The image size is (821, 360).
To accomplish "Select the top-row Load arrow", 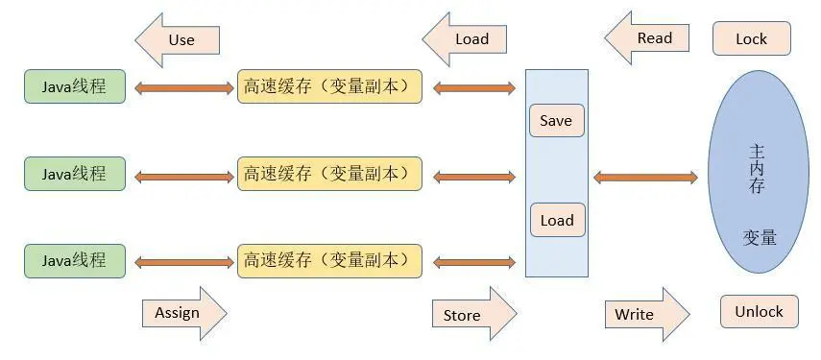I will [x=469, y=39].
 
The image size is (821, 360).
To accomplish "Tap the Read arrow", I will [x=651, y=38].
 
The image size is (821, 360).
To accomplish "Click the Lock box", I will [x=752, y=39].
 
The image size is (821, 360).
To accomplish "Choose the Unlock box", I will [x=759, y=312].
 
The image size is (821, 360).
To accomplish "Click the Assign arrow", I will [x=181, y=313].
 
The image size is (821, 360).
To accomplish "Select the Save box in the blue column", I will [x=556, y=121].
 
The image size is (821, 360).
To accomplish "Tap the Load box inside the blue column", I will [x=556, y=220].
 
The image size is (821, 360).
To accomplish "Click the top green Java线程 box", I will [x=75, y=86].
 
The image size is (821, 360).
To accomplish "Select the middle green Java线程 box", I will [x=75, y=174].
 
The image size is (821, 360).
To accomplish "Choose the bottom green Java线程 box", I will [x=75, y=260].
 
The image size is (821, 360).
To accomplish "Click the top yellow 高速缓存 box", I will [x=329, y=86].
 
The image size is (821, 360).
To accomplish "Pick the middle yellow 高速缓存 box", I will [x=329, y=174].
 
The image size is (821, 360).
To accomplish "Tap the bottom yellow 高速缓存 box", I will [x=329, y=260].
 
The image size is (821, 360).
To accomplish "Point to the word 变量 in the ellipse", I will [x=759, y=237].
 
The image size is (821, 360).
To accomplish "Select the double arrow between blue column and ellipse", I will [x=645, y=177].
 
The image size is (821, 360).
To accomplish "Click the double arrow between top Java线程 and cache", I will [x=182, y=88].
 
